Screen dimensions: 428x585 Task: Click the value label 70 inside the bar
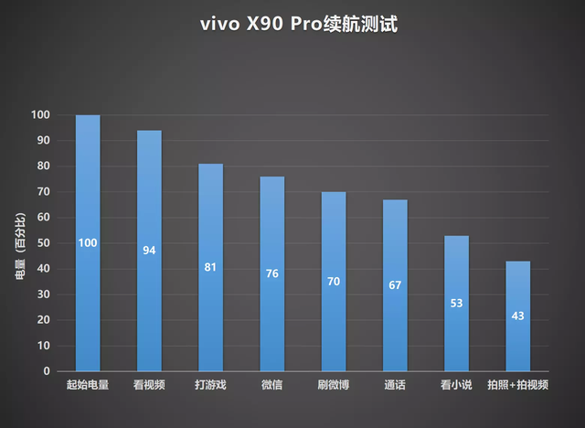[x=333, y=282]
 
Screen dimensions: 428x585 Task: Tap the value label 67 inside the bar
[x=395, y=285]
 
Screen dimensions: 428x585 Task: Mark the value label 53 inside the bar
[x=456, y=304]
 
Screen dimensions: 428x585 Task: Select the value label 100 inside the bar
[x=88, y=242]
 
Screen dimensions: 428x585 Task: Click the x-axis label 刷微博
[x=333, y=385]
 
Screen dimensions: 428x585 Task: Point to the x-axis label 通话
[x=395, y=385]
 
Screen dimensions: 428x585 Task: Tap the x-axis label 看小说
[x=456, y=385]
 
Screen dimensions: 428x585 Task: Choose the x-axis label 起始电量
[x=88, y=385]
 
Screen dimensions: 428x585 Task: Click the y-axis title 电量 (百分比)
[x=19, y=242]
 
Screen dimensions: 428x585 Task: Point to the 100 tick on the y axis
[x=40, y=115]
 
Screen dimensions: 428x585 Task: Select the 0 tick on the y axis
[x=46, y=371]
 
